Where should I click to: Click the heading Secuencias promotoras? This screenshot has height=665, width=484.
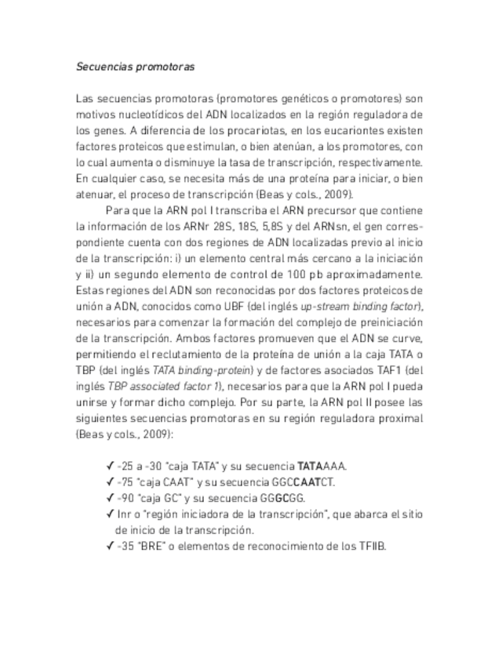pyautogui.click(x=135, y=67)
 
